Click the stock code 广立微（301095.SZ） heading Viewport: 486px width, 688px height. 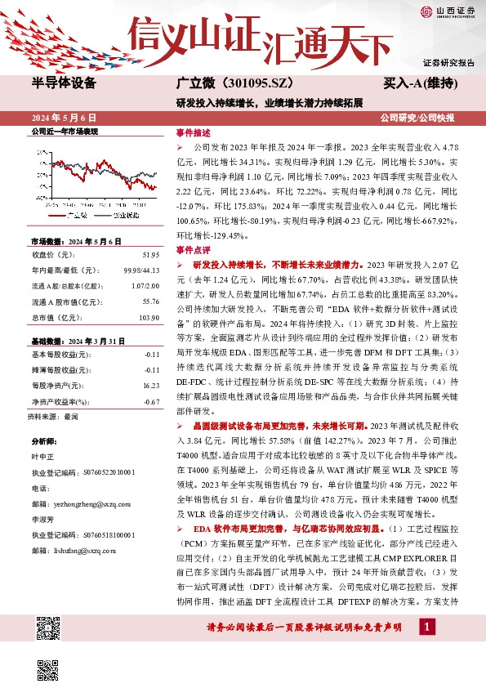[232, 84]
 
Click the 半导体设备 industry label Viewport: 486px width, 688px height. [64, 83]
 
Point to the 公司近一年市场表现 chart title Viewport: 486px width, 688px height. [64, 132]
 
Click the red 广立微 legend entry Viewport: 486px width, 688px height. [74, 215]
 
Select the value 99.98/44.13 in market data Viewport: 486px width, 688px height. [140, 270]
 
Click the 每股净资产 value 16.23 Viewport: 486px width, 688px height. [149, 386]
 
